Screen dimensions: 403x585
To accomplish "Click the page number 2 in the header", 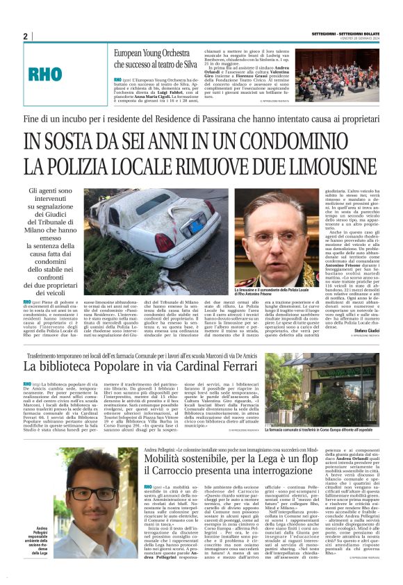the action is click(x=25, y=35).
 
